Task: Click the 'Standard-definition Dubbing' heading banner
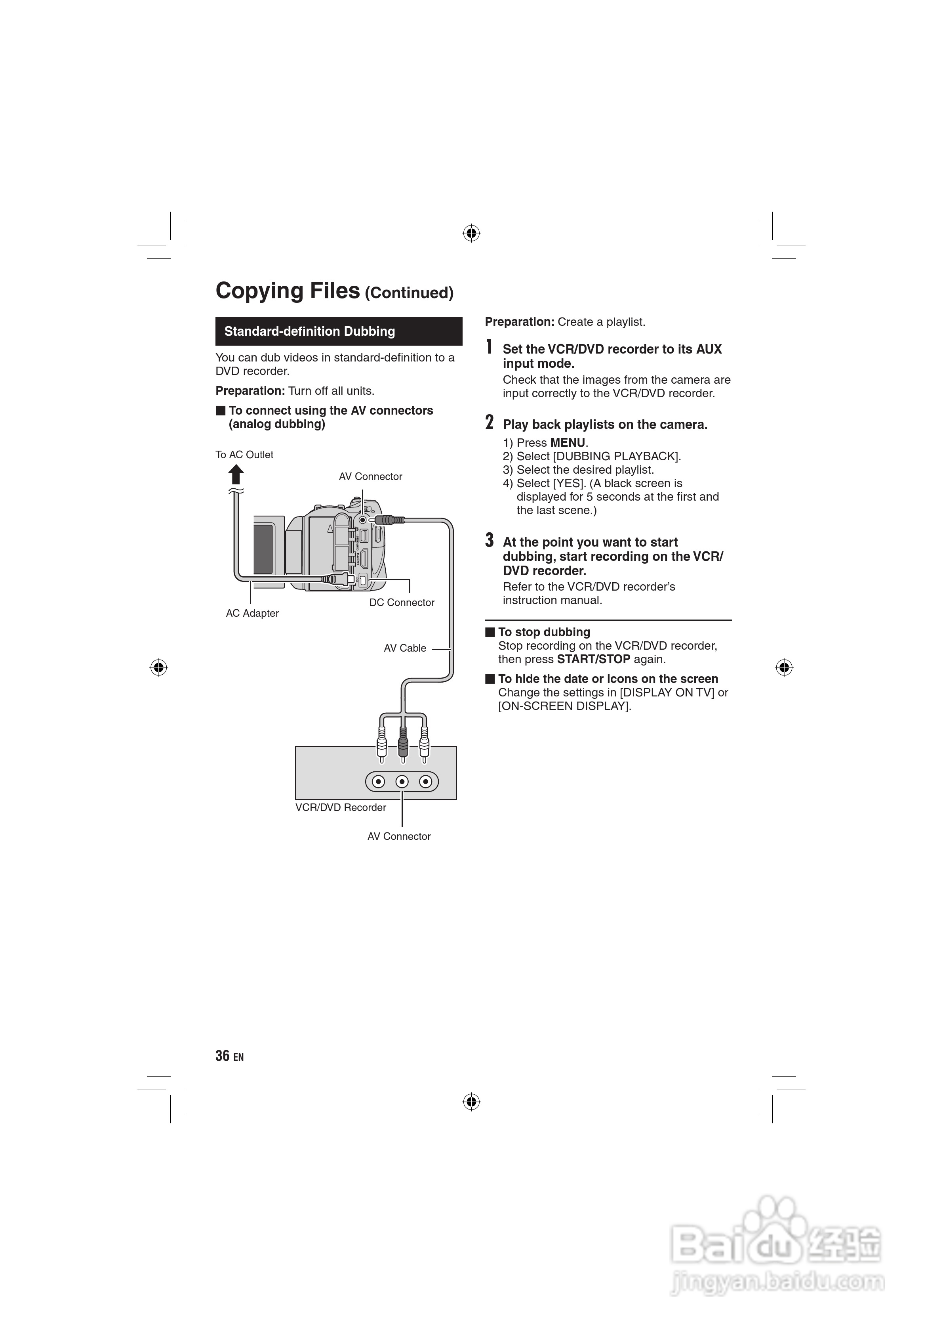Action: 338,331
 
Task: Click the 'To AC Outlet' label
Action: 244,455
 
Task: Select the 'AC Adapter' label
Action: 252,614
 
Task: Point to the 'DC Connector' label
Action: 402,603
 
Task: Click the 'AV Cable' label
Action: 405,648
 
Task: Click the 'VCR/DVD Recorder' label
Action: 341,808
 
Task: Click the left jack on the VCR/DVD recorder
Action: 379,782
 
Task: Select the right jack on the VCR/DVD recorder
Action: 426,782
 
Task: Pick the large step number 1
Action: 489,347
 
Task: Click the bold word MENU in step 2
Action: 568,443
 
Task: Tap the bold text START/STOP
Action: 593,659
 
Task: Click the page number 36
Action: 223,1056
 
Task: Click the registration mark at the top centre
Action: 471,234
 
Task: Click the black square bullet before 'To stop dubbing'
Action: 490,632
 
